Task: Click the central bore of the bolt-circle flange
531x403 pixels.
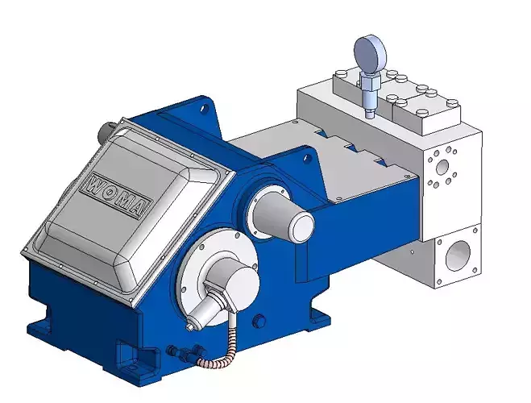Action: pyautogui.click(x=441, y=168)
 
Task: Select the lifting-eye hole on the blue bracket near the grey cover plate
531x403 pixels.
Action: pyautogui.click(x=307, y=158)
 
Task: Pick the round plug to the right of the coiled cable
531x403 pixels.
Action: pyautogui.click(x=259, y=321)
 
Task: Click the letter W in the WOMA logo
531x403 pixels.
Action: pyautogui.click(x=97, y=181)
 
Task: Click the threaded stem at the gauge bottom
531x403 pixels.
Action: pyautogui.click(x=369, y=101)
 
